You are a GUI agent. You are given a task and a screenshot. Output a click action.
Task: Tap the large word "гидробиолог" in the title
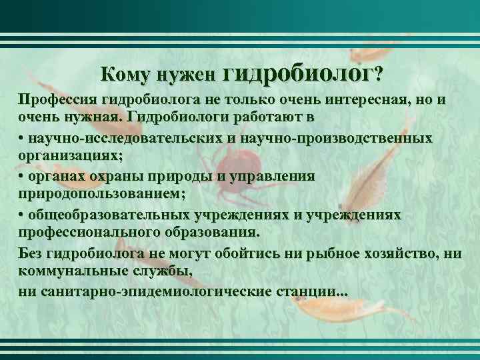(300, 73)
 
